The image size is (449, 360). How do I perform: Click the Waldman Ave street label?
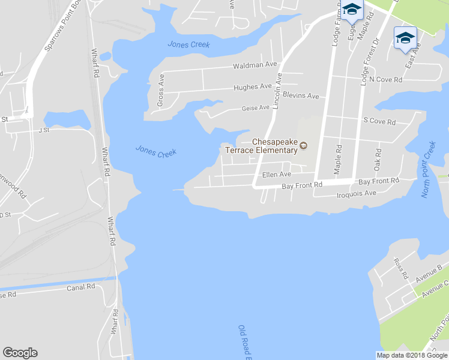pos(255,64)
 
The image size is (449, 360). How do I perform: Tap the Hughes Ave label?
pos(253,87)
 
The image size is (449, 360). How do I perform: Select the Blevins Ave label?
pos(301,96)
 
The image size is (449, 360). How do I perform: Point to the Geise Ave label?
pos(255,107)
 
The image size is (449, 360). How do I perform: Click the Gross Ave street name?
pos(160,90)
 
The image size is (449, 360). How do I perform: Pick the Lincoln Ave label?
pos(277,91)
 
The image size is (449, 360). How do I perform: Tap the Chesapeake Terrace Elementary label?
pos(274,146)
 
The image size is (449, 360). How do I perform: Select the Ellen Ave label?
pos(276,175)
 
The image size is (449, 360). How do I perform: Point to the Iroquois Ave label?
pos(356,193)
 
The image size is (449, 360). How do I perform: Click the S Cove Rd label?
pos(379,122)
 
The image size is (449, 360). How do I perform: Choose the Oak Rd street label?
pos(378,159)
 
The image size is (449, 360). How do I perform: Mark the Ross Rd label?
pos(400,268)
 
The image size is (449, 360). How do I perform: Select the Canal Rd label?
pos(81,287)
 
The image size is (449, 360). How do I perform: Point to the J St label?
pos(43,130)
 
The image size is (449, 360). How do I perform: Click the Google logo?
pos(20,353)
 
